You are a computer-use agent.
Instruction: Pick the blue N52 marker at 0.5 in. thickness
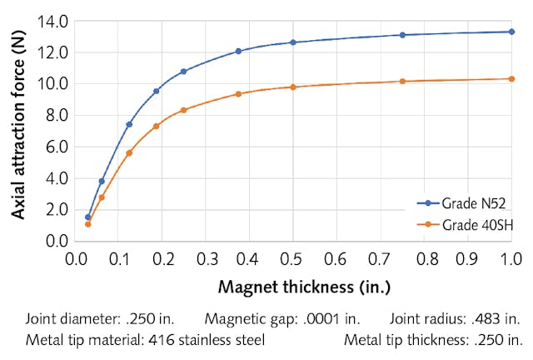(292, 42)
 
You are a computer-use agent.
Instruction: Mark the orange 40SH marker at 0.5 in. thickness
(292, 87)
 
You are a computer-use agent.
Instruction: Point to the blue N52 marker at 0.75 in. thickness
(402, 35)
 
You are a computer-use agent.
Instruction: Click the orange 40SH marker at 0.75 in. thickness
(402, 81)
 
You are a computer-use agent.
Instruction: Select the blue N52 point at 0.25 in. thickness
(183, 72)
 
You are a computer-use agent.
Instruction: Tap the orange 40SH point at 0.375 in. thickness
(238, 93)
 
